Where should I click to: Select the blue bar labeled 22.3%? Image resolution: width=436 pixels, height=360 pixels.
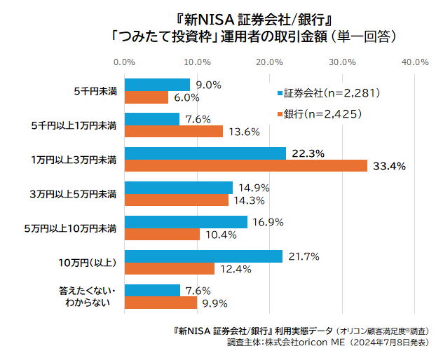pos(205,153)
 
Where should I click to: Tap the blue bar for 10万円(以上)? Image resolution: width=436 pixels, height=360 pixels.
pos(203,256)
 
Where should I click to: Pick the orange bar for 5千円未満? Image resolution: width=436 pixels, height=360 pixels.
pos(146,97)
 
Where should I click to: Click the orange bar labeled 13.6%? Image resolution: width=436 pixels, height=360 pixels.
pos(173,132)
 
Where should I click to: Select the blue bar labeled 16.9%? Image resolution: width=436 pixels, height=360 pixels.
pos(185,222)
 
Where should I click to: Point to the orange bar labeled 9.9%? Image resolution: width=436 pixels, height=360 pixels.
pos(160,303)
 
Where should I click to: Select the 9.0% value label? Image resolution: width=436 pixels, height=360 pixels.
pos(208,85)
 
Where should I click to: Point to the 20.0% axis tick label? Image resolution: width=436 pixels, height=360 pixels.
pos(269,62)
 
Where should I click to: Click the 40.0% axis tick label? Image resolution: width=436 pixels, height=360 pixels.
pos(414,62)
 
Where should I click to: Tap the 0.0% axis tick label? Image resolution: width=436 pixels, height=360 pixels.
pos(124,62)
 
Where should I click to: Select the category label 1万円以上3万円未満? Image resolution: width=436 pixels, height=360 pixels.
pos(73,160)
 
